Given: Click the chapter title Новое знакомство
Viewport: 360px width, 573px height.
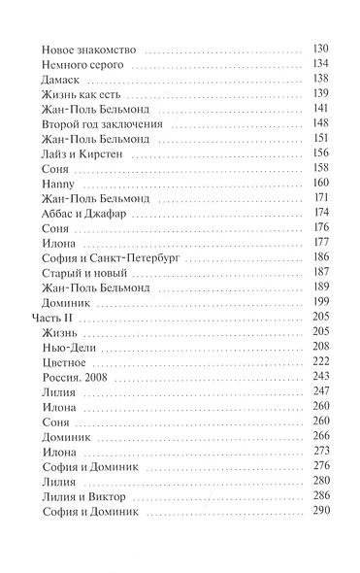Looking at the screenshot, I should coord(93,50).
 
